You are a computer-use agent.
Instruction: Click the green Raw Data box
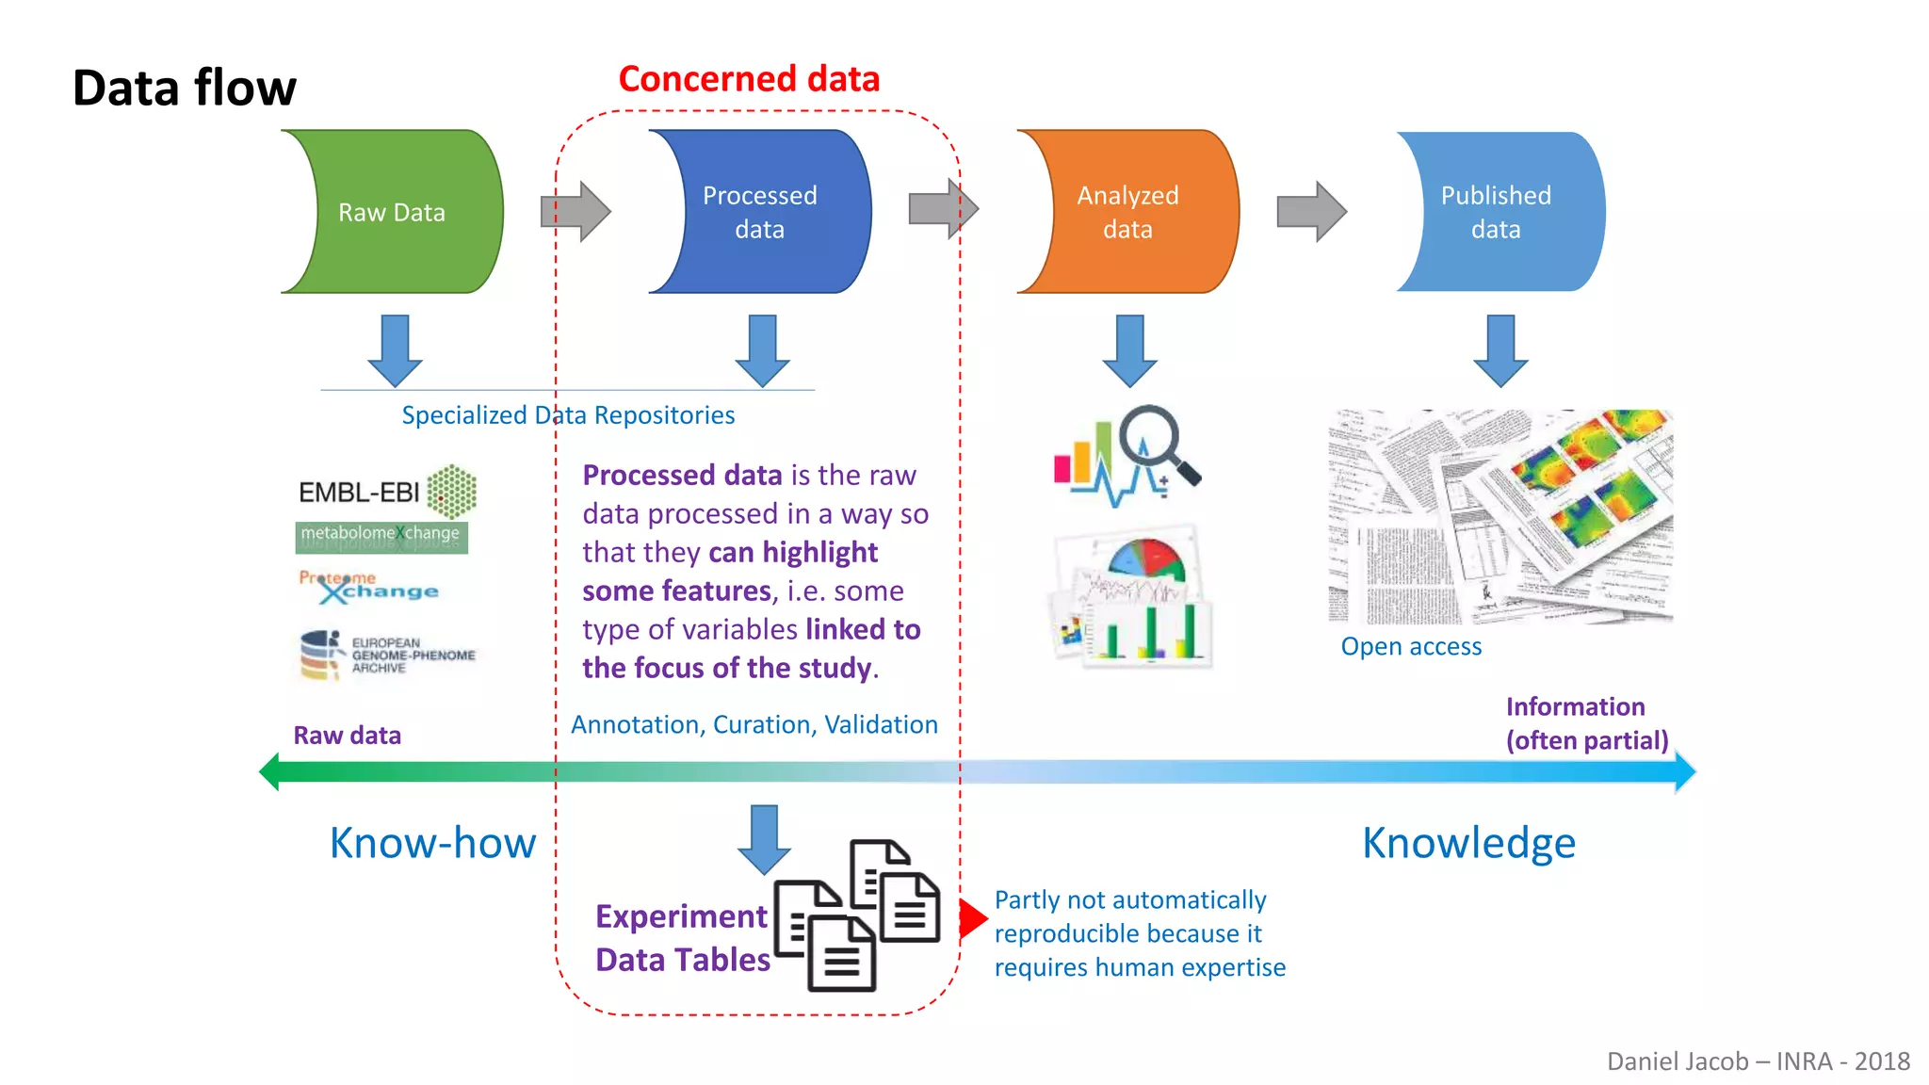click(x=392, y=212)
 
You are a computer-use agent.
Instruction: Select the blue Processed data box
click(x=759, y=212)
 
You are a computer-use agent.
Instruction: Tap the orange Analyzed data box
click(x=1127, y=212)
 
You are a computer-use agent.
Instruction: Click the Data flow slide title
click(x=185, y=88)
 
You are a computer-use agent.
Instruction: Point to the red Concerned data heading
click(x=749, y=79)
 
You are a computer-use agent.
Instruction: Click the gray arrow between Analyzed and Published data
click(x=1311, y=212)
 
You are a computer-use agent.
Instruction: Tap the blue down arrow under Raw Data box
click(x=395, y=350)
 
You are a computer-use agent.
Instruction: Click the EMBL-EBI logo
click(x=387, y=492)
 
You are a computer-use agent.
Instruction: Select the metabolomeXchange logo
click(x=381, y=535)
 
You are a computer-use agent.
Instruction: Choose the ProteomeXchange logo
click(x=368, y=587)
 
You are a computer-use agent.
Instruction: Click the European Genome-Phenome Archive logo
click(x=387, y=655)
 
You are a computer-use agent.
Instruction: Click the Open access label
click(x=1411, y=646)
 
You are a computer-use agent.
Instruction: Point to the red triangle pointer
click(x=972, y=918)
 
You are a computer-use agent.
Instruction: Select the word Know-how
click(x=432, y=842)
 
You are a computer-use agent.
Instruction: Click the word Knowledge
click(x=1468, y=842)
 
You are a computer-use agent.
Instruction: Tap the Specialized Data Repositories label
click(x=568, y=415)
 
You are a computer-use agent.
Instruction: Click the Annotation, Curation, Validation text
click(x=754, y=724)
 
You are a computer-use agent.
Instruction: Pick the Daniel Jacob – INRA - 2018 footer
click(x=1758, y=1061)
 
